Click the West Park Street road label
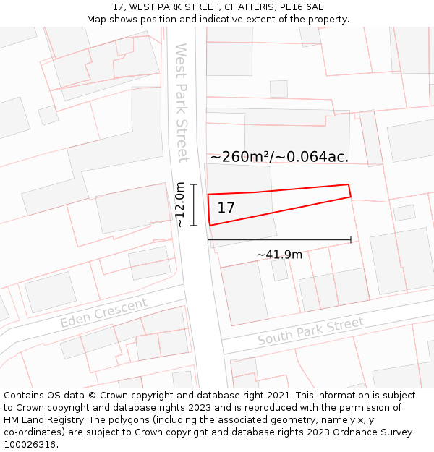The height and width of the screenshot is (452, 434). (x=182, y=103)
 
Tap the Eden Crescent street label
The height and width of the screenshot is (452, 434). (x=103, y=312)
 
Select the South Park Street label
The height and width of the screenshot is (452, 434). (x=310, y=331)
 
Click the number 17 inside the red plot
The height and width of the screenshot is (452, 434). (x=226, y=208)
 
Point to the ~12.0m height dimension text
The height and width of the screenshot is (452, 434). (x=180, y=205)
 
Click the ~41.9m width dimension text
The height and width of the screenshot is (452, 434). (x=279, y=255)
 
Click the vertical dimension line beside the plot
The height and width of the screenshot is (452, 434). (x=194, y=205)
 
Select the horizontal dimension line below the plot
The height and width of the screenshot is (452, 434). (x=279, y=239)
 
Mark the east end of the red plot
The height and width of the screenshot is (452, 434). (x=349, y=190)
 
